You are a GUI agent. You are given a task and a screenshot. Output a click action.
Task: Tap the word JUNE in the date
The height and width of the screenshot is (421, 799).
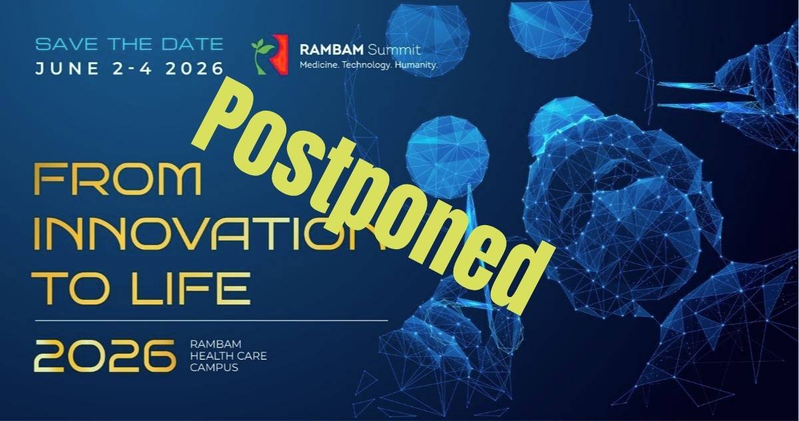click(67, 68)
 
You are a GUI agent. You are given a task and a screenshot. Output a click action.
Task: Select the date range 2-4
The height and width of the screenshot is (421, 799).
click(133, 68)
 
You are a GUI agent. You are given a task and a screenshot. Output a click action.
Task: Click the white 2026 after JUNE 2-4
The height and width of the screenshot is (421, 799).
click(194, 68)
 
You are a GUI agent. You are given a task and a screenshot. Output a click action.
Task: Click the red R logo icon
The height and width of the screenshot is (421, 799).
click(280, 54)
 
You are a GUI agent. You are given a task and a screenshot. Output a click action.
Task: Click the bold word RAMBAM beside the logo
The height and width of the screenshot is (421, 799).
click(332, 49)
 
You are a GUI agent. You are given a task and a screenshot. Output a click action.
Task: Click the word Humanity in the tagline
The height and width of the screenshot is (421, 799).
click(416, 65)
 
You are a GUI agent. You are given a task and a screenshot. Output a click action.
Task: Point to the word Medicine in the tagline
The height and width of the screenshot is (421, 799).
click(320, 65)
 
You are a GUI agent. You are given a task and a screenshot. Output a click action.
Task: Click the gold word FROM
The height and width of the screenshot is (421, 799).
click(118, 179)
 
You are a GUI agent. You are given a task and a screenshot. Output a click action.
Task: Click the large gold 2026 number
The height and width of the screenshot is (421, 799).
click(105, 356)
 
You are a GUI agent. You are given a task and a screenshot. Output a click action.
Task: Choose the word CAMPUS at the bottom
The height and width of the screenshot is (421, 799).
click(214, 368)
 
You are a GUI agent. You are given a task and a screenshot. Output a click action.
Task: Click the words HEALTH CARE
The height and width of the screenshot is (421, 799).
click(228, 356)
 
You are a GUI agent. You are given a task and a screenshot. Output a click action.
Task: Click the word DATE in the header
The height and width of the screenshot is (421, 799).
click(192, 44)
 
